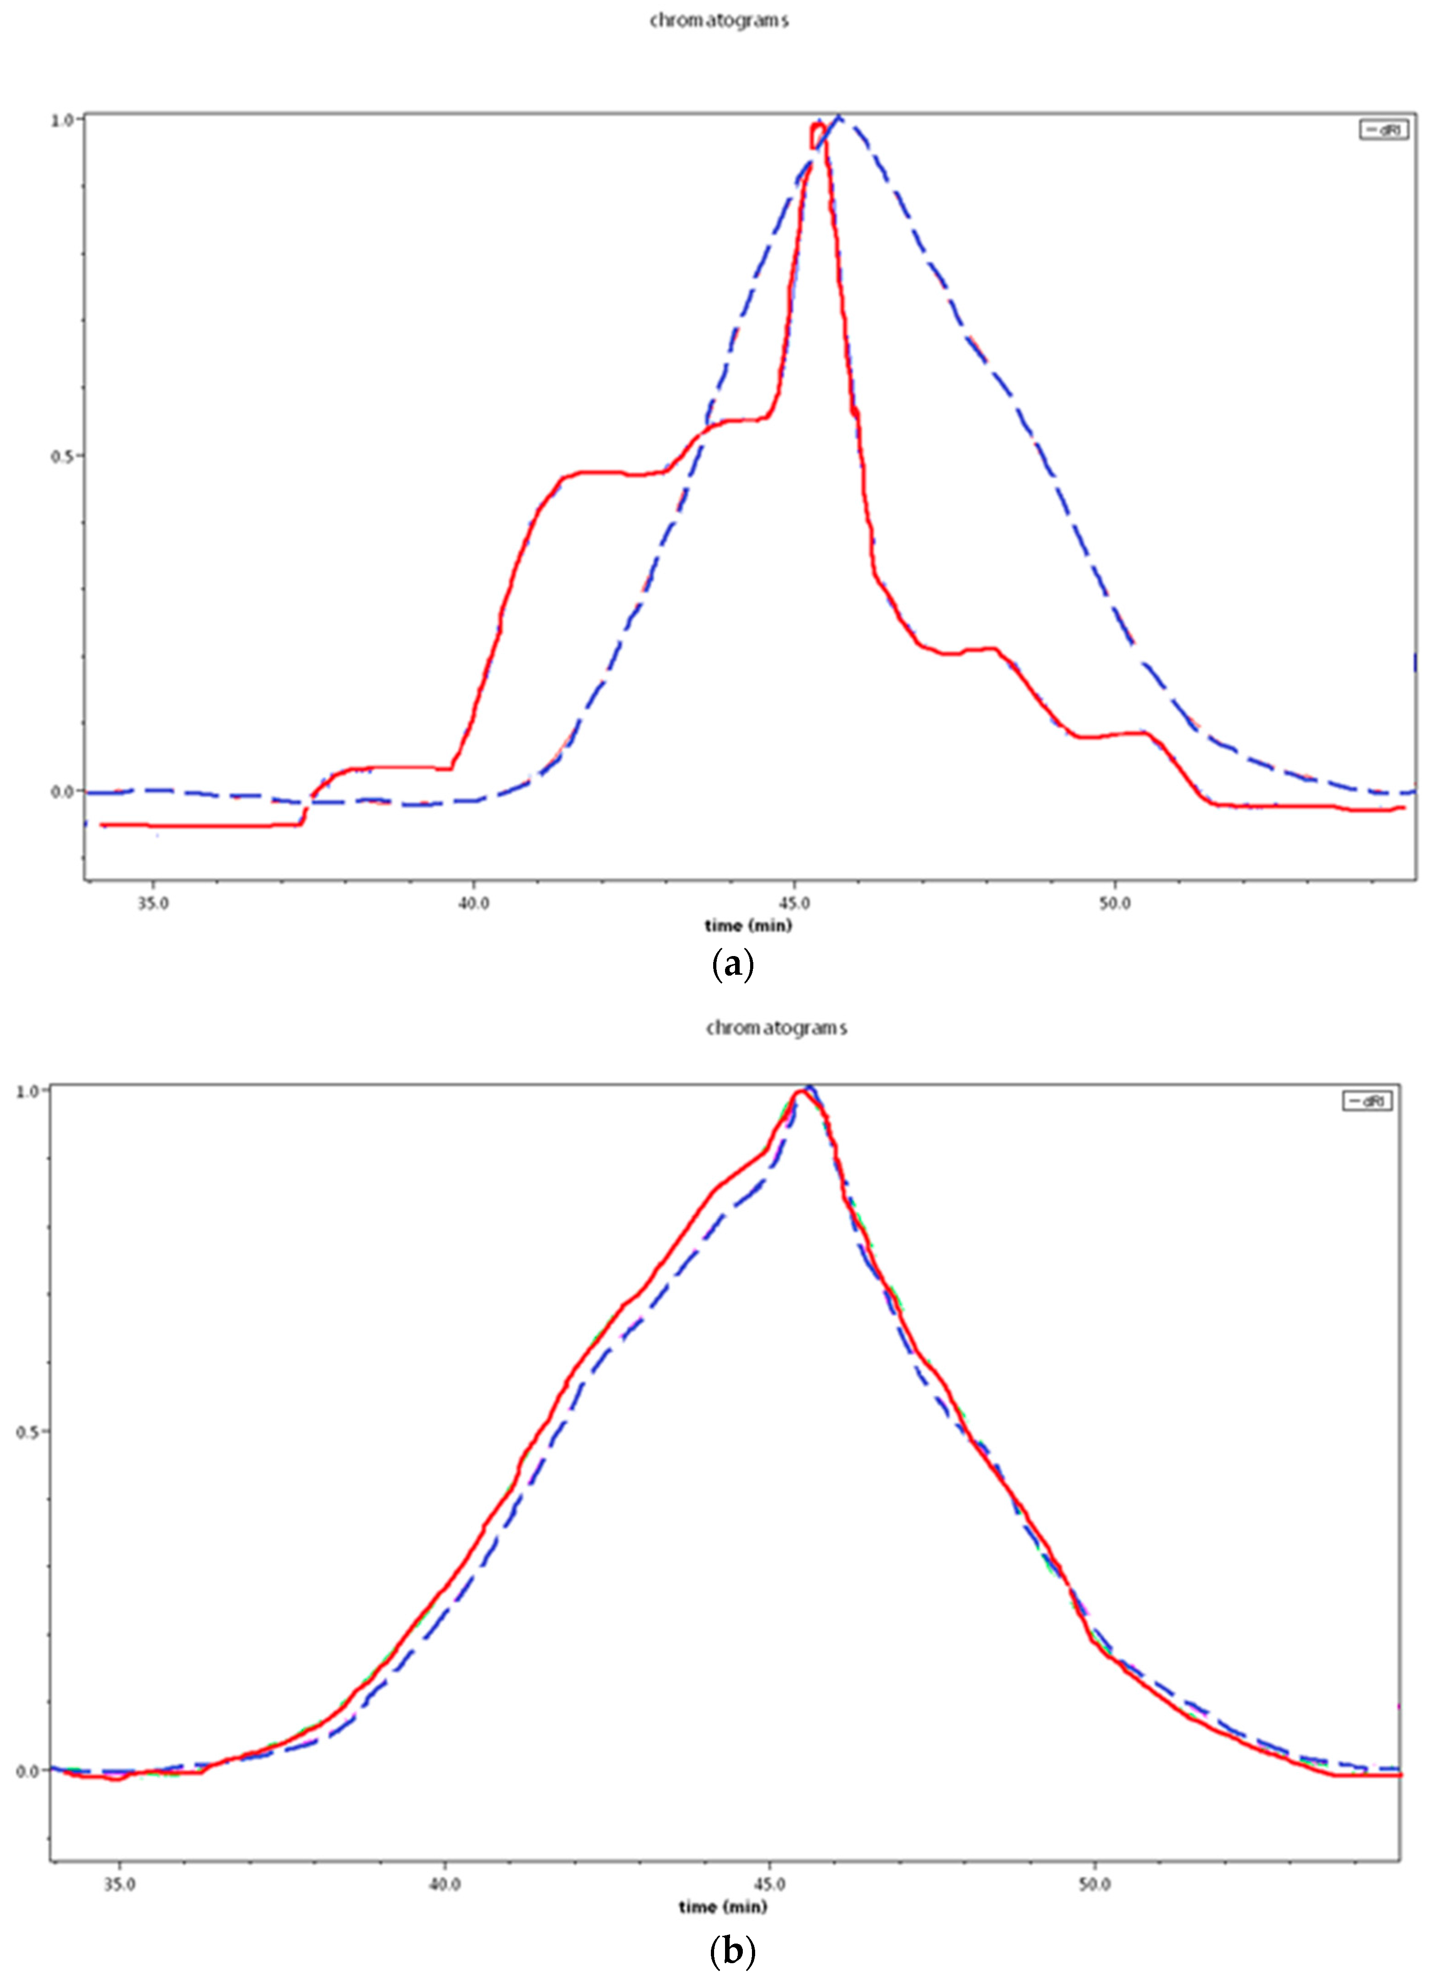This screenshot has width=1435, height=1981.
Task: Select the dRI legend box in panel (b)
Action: coord(1367,1102)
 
